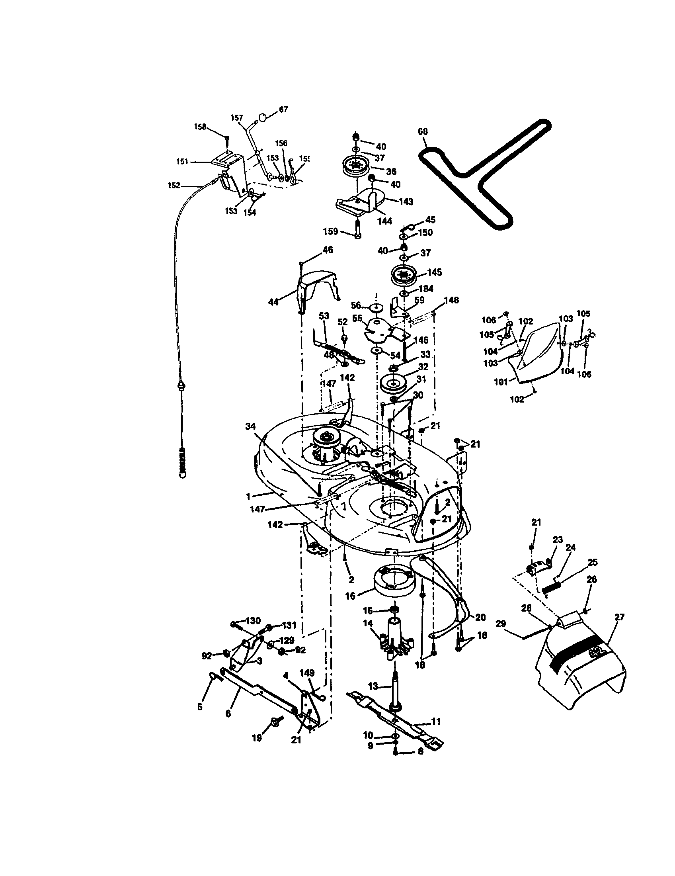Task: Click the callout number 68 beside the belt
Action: (x=423, y=131)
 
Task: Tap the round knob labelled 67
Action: (x=262, y=117)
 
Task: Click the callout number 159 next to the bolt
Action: (x=331, y=231)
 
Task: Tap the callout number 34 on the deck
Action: (x=250, y=426)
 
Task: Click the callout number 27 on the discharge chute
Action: (x=619, y=617)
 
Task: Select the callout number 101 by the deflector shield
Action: (x=501, y=382)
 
